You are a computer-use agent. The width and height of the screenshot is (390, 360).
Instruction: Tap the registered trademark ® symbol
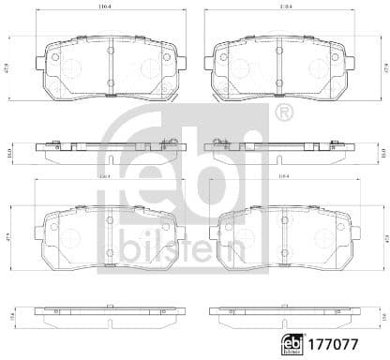[x=285, y=113]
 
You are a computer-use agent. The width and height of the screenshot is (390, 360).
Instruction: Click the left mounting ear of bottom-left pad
[x=39, y=231]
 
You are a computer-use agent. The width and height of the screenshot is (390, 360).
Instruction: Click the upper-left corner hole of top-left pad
[x=55, y=57]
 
